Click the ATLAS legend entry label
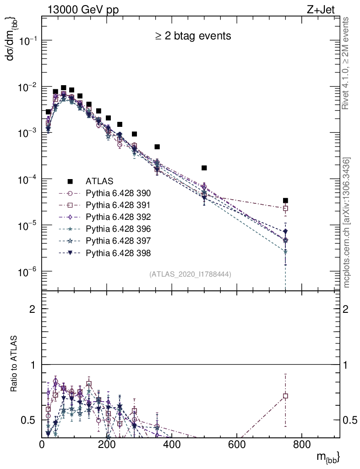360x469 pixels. coord(100,181)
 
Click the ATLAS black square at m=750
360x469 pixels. coord(285,200)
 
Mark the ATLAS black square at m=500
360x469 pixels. coord(204,168)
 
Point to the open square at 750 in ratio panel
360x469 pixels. coord(285,396)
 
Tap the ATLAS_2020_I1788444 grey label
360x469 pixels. coord(190,274)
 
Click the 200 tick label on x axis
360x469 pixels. coord(107,443)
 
